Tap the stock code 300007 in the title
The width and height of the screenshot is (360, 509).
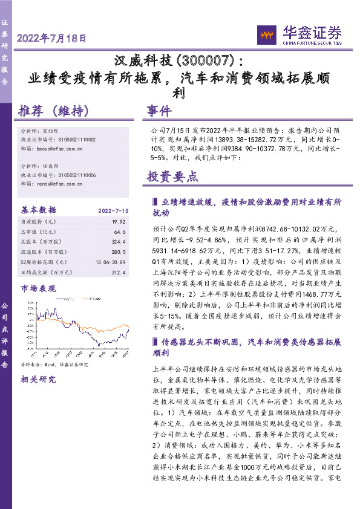(205, 61)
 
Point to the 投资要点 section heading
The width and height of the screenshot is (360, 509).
(172, 177)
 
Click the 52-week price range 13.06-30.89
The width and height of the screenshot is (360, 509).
(110, 261)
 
